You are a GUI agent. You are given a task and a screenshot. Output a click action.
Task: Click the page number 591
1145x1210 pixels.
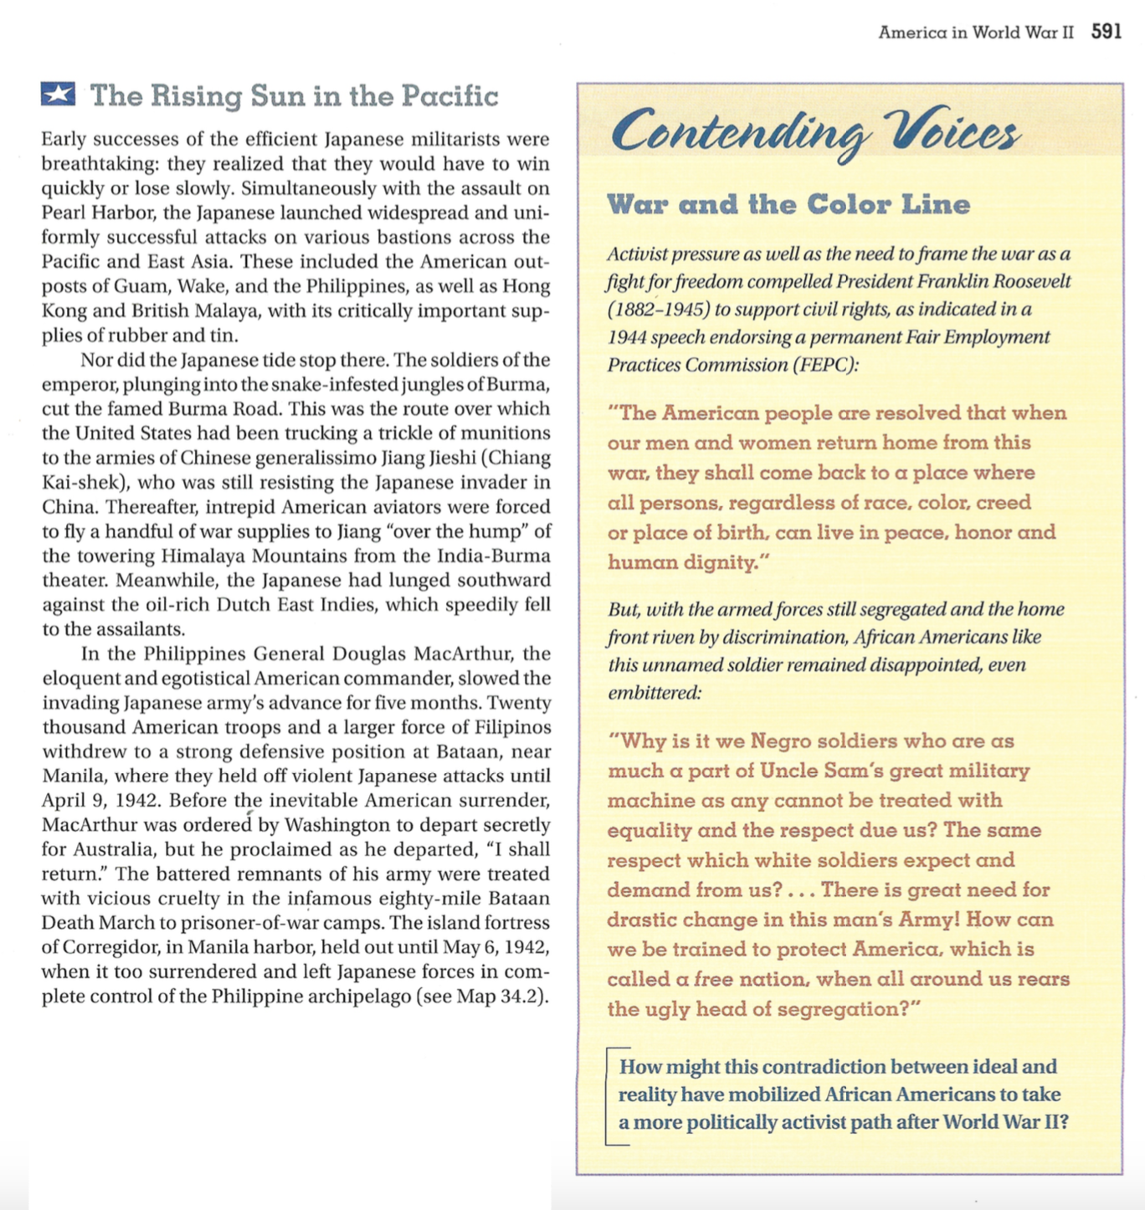click(1106, 32)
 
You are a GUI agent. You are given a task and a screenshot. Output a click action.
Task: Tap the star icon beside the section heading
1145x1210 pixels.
click(58, 94)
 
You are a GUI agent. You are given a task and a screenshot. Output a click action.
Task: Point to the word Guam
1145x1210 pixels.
click(146, 286)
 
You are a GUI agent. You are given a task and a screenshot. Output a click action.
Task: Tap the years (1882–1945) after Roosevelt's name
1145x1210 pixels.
click(659, 310)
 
